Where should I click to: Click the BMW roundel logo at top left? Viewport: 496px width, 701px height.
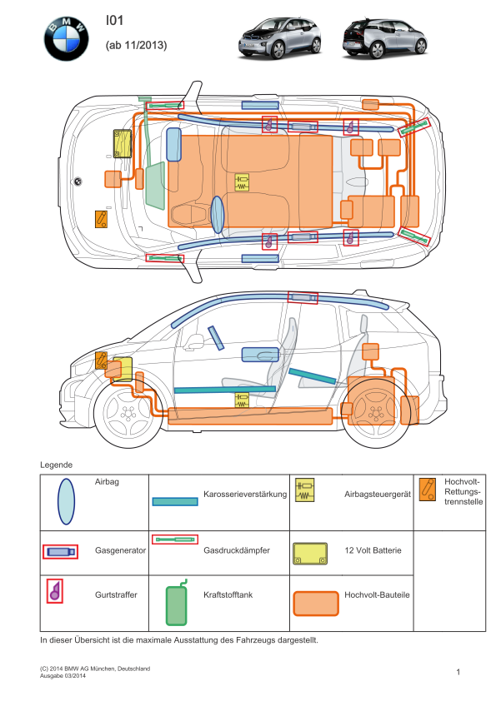point(66,39)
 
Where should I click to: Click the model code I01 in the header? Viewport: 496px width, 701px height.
point(114,20)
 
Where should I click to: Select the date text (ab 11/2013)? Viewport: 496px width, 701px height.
point(136,45)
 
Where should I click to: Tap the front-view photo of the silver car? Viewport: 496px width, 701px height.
point(280,38)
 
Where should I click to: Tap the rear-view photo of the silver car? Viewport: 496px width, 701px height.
point(385,38)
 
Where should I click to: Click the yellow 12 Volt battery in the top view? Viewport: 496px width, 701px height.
point(123,143)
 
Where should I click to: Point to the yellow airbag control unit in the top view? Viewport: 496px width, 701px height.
point(242,182)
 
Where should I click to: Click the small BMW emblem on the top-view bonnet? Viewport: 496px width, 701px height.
point(78,181)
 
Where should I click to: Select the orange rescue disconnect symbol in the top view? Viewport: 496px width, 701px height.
point(101,219)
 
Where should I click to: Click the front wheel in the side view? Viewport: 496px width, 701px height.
point(128,414)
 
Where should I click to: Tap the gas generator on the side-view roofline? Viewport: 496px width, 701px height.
point(303,298)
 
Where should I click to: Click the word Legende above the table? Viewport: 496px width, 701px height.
point(57,465)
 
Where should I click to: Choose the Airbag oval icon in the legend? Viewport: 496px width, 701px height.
point(66,502)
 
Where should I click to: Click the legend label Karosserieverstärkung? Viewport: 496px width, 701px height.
point(245,494)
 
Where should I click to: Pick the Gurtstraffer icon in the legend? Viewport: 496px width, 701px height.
point(55,591)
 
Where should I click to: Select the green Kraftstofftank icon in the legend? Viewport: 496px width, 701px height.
point(177,604)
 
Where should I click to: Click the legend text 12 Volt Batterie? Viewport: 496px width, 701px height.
point(373,550)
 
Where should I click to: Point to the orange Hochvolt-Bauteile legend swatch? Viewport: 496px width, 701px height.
point(316,604)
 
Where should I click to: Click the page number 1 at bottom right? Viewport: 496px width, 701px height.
point(458,672)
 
